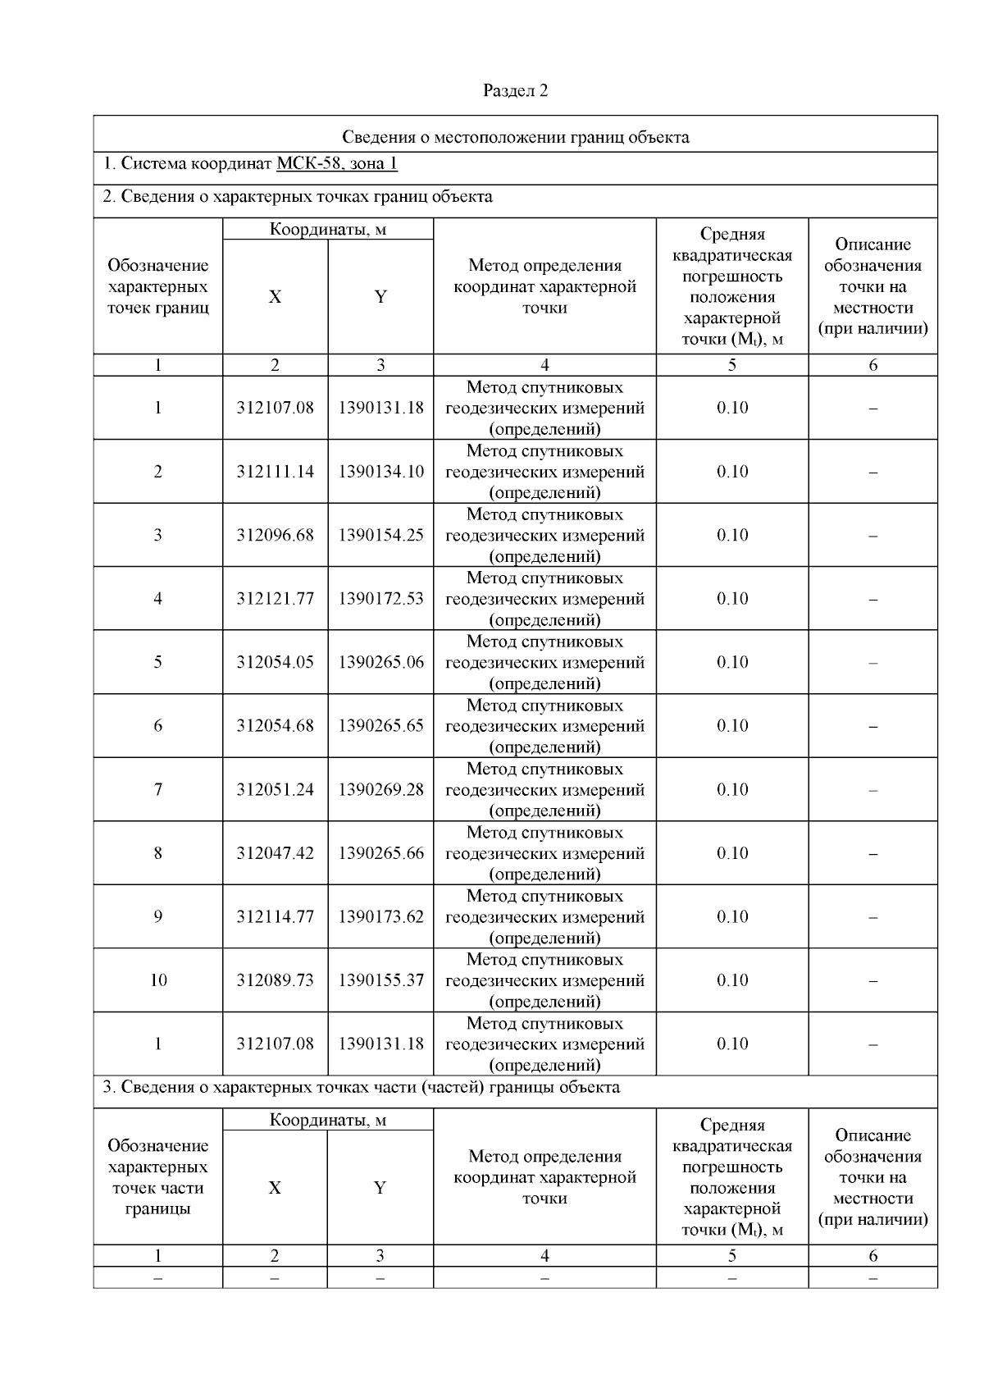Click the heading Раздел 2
pos(515,90)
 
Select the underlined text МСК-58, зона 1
pos(337,163)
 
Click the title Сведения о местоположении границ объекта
pos(515,136)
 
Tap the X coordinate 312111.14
pos(275,472)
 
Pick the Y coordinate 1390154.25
pos(380,535)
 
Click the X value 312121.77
pos(275,599)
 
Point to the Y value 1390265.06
pos(380,662)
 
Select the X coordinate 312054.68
pos(275,726)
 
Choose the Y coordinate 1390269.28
pos(380,789)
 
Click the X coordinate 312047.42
pos(275,853)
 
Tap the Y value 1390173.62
pos(380,916)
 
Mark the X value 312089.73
pos(275,980)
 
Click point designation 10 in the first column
pos(157,980)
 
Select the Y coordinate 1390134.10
pos(380,472)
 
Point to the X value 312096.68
pos(275,535)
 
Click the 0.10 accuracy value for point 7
pos(731,789)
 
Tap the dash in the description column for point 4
pos(872,600)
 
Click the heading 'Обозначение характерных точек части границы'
pos(157,1177)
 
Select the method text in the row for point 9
pos(544,916)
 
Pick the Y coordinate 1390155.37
pos(380,980)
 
